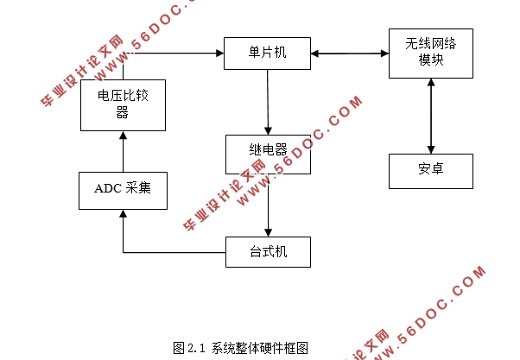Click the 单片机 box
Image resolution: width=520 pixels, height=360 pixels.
tap(267, 54)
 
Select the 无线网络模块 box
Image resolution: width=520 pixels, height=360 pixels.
tap(429, 53)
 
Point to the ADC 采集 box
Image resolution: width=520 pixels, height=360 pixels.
tap(122, 189)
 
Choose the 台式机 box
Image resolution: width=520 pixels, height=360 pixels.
tap(267, 250)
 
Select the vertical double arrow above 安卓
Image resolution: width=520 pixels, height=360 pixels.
tap(429, 116)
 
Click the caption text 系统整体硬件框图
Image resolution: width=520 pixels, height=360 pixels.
tap(259, 348)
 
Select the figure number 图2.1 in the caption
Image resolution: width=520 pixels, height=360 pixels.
tap(189, 348)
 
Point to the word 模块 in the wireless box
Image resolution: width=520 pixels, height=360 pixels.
tap(429, 60)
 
